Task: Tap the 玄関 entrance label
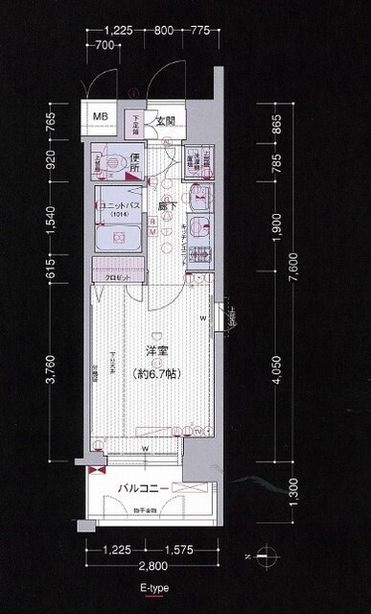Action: [x=165, y=121]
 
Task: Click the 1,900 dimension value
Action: [x=275, y=228]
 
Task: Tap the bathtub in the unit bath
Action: [x=120, y=235]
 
